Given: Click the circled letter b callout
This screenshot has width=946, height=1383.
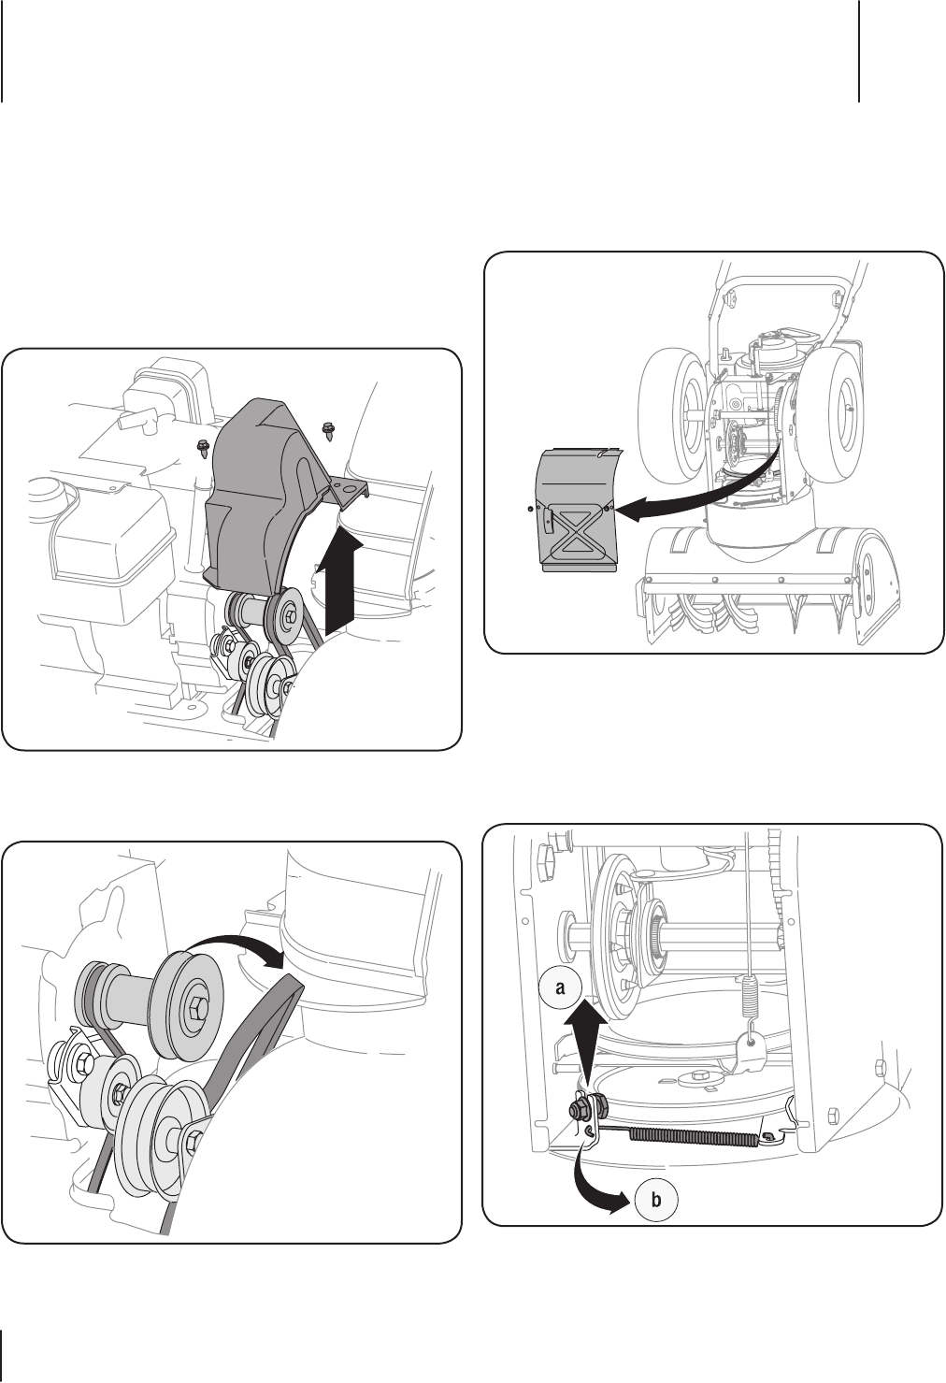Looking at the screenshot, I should [655, 1200].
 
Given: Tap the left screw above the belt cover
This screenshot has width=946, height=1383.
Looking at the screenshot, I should [202, 446].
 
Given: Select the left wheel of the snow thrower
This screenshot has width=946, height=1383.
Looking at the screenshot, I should [670, 411].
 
